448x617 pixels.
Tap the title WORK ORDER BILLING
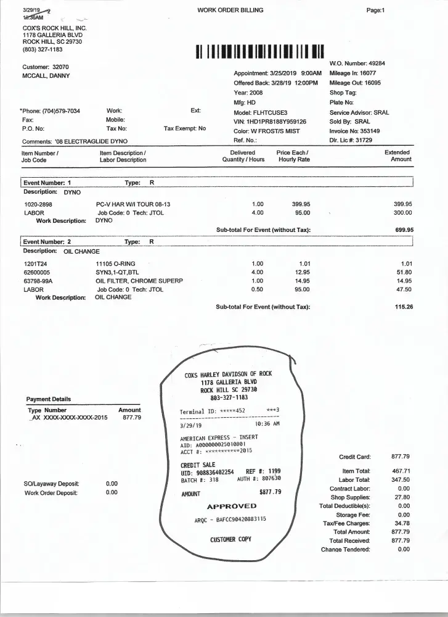click(230, 10)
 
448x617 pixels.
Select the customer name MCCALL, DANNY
click(46, 76)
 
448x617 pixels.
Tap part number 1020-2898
click(38, 204)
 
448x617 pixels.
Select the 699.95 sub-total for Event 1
click(404, 230)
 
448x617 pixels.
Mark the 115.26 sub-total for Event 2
click(404, 307)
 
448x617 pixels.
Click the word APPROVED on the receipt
click(232, 506)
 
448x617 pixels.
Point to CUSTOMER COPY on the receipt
click(231, 539)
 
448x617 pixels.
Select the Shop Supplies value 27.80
click(401, 497)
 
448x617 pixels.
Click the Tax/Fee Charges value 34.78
click(401, 523)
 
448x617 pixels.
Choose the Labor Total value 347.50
click(401, 479)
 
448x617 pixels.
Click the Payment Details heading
click(49, 399)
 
